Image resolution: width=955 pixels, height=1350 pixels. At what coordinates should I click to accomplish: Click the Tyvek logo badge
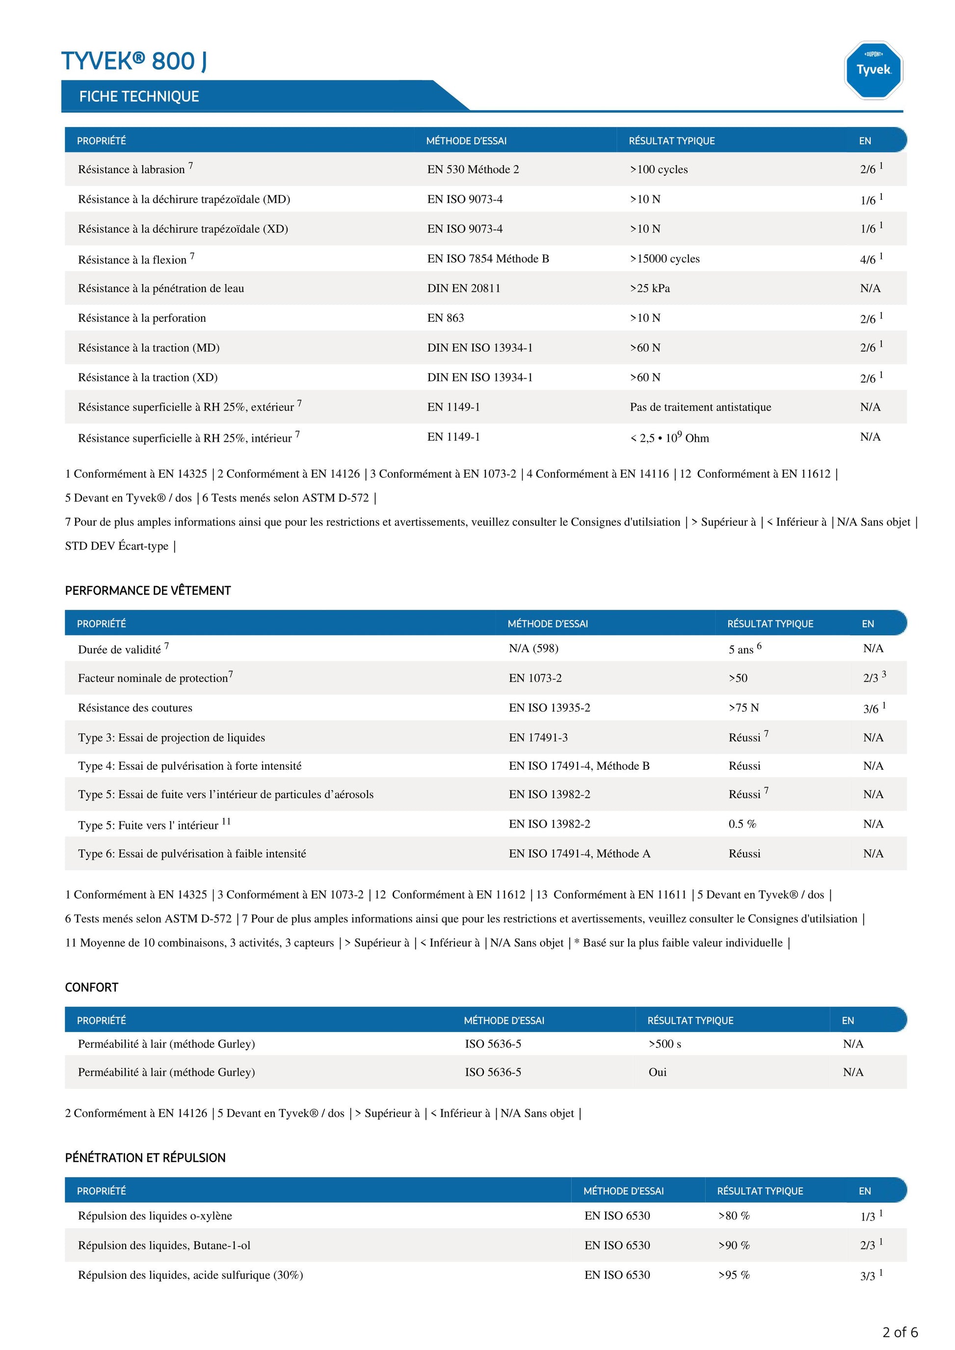coord(873,70)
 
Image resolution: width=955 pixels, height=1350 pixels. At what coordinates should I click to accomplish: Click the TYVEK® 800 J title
coord(134,61)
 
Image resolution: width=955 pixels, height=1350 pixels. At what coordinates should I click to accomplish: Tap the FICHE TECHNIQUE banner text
coord(139,97)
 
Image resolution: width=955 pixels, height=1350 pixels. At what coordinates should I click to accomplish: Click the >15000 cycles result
coord(664,259)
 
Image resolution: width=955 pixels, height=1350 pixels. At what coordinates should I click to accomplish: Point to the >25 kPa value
coord(650,288)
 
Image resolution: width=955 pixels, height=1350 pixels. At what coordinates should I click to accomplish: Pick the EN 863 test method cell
coord(445,318)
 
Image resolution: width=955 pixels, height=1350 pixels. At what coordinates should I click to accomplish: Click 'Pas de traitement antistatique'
coord(700,407)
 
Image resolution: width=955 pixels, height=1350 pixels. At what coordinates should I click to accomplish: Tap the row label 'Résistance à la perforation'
coord(142,318)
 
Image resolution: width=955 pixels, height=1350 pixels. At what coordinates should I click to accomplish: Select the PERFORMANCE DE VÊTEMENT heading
coord(148,590)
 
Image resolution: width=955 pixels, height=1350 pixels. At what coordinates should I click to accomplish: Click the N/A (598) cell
coord(533,648)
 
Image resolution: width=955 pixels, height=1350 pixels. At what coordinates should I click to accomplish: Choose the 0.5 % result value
coord(742,824)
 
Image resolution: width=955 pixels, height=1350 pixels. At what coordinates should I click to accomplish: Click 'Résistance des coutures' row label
coord(135,707)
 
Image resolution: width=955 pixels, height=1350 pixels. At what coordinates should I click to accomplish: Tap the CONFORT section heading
coord(92,987)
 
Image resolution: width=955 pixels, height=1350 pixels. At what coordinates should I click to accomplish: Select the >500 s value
coord(664,1044)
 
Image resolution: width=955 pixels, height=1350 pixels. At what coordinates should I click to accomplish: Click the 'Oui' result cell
coord(658,1072)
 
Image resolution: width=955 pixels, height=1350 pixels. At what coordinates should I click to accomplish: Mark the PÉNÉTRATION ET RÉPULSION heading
coord(145,1158)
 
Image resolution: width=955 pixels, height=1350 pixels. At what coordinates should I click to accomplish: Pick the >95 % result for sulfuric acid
coord(733,1275)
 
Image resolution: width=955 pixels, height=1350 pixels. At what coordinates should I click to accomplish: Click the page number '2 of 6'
coord(900,1332)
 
